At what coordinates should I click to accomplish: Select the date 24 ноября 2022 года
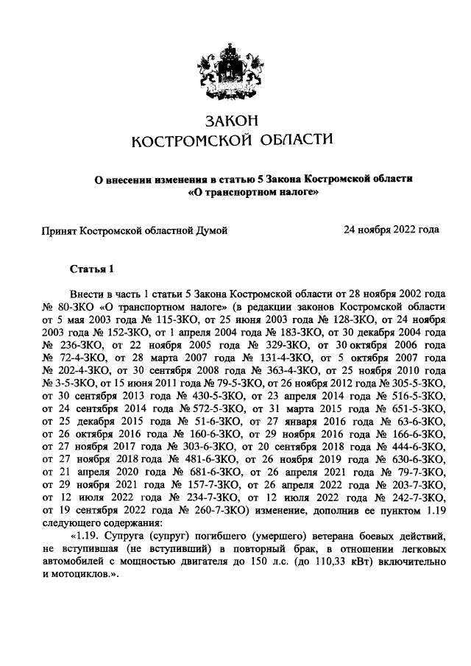[392, 230]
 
